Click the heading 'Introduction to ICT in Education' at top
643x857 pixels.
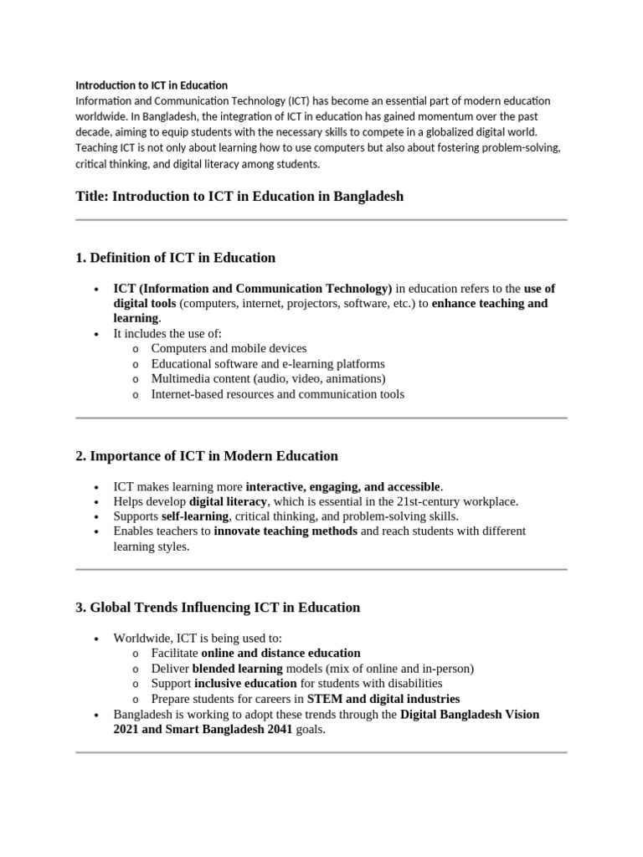152,85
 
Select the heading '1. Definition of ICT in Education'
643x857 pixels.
175,258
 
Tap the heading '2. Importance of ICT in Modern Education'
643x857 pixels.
207,456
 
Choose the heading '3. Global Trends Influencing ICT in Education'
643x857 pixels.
218,608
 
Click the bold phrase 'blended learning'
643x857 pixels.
237,669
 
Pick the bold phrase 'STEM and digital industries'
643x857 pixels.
383,699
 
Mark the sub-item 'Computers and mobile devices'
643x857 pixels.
229,348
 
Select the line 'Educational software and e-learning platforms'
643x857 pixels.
268,364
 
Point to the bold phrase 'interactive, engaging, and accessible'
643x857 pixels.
342,486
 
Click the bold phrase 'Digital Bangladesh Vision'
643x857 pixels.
470,715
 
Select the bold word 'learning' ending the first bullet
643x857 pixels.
135,318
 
